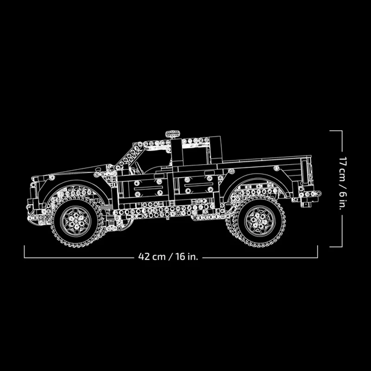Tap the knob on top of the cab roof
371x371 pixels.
click(x=173, y=134)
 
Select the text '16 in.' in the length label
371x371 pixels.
click(x=186, y=256)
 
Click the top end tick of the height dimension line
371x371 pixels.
click(x=336, y=131)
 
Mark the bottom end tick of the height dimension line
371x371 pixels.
click(x=336, y=247)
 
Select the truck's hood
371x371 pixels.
click(x=70, y=174)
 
